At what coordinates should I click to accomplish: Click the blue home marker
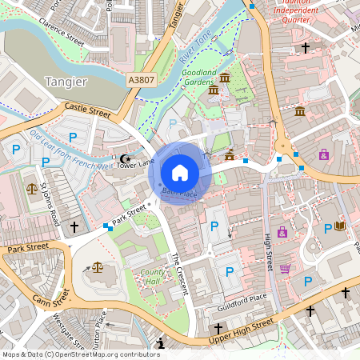tap(180, 172)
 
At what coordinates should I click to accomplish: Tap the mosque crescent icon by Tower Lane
tap(124, 159)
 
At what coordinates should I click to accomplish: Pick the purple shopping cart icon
tap(285, 268)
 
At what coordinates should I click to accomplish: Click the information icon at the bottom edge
tap(162, 344)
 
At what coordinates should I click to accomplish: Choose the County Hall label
tap(153, 277)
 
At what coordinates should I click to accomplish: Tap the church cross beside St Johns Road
tap(75, 227)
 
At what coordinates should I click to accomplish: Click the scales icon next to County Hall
tap(98, 266)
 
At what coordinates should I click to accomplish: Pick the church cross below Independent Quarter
tap(305, 49)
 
